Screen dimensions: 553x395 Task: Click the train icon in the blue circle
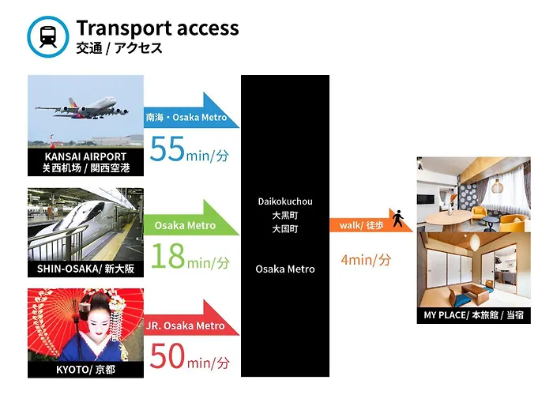48,36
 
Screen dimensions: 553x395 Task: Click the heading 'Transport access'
157,28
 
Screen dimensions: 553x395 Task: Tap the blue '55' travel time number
167,149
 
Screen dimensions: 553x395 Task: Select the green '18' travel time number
168,256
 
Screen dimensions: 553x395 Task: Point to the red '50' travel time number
167,356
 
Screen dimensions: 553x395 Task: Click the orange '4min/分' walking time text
366,260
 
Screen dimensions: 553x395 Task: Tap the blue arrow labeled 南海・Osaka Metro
191,111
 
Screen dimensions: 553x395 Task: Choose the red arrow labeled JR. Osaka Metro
191,318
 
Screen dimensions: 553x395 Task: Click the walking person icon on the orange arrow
398,219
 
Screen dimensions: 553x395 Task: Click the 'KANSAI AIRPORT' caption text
85,156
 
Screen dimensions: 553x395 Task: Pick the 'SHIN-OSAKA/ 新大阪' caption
85,269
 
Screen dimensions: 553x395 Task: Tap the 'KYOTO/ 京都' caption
85,370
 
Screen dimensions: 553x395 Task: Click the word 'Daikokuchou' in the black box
285,201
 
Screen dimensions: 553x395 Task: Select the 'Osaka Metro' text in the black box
285,269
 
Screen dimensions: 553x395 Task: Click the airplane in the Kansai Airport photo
82,108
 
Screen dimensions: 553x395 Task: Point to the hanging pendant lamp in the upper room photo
497,185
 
